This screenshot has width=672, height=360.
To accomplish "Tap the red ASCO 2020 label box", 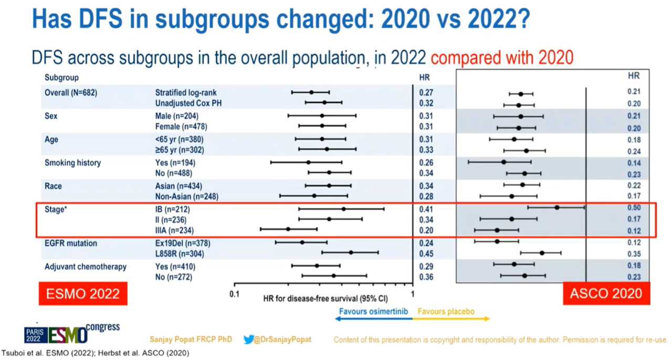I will click(606, 294).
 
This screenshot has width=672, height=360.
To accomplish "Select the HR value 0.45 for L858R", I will click(426, 255).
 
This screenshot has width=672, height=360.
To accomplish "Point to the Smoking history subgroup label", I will click(72, 163).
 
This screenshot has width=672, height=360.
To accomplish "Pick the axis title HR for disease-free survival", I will click(325, 299).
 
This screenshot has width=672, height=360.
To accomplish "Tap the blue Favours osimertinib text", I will click(373, 312).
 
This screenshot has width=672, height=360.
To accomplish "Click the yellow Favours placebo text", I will click(446, 312).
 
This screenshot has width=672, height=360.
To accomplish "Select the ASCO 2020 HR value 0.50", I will click(634, 208).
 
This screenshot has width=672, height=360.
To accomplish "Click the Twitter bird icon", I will click(249, 340).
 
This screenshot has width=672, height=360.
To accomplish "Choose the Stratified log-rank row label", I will click(186, 93).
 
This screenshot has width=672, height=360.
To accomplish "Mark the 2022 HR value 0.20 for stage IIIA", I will click(426, 231).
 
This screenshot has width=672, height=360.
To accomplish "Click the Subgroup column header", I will click(61, 78).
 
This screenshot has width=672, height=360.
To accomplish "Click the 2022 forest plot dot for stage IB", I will click(343, 209).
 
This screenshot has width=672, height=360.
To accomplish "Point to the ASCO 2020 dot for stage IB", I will click(557, 207).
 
